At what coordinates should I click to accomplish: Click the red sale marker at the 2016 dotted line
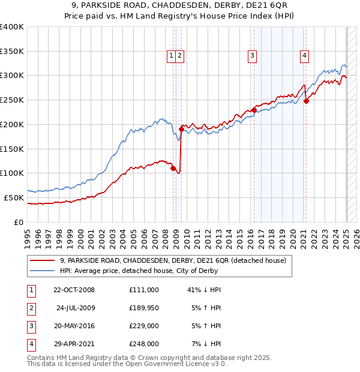click(x=254, y=110)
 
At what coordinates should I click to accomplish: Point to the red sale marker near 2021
click(x=306, y=101)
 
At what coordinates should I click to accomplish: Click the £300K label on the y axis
click(x=12, y=76)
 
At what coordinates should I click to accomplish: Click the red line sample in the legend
click(x=42, y=260)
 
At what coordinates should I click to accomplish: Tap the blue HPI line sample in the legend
click(x=42, y=271)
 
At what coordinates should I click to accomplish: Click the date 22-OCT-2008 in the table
click(x=74, y=290)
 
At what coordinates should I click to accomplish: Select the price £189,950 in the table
click(x=144, y=308)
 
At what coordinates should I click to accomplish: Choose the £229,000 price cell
click(x=144, y=326)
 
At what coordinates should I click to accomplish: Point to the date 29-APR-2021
click(x=74, y=344)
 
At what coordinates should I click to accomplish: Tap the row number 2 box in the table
click(x=30, y=308)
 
